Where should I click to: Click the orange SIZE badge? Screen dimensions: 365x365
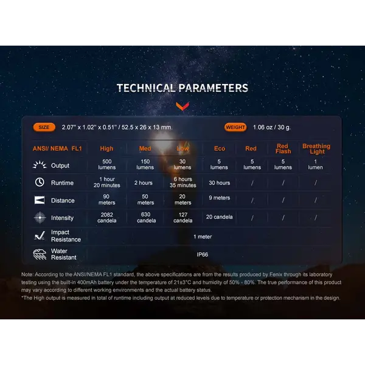pos(44,127)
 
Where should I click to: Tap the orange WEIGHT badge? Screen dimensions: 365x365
pos(235,127)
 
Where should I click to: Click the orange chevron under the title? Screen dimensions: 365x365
pos(182,106)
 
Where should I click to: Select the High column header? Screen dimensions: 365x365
pos(106,148)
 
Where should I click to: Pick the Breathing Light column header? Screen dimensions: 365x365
pos(316,149)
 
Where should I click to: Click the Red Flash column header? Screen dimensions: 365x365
pos(283,149)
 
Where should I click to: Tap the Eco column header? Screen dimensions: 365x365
pos(220,148)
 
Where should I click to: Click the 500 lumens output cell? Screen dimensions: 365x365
pos(107,164)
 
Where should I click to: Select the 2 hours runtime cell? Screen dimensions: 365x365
pos(144,182)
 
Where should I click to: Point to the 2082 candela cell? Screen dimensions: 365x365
pos(107,217)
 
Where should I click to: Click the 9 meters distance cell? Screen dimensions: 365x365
pos(219,198)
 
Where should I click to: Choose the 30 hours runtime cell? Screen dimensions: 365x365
pos(219,182)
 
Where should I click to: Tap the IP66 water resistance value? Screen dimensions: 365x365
pos(203,254)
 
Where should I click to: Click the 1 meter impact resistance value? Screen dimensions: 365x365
pos(203,237)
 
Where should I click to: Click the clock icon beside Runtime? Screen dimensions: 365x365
pos(40,182)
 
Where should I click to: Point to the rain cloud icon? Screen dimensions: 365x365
pos(40,254)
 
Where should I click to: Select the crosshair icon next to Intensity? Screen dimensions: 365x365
pos(40,217)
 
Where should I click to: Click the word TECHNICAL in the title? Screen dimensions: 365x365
pos(146,88)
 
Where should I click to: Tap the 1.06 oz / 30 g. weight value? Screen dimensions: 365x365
pos(272,127)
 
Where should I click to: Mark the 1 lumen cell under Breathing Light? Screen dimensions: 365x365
pos(315,164)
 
